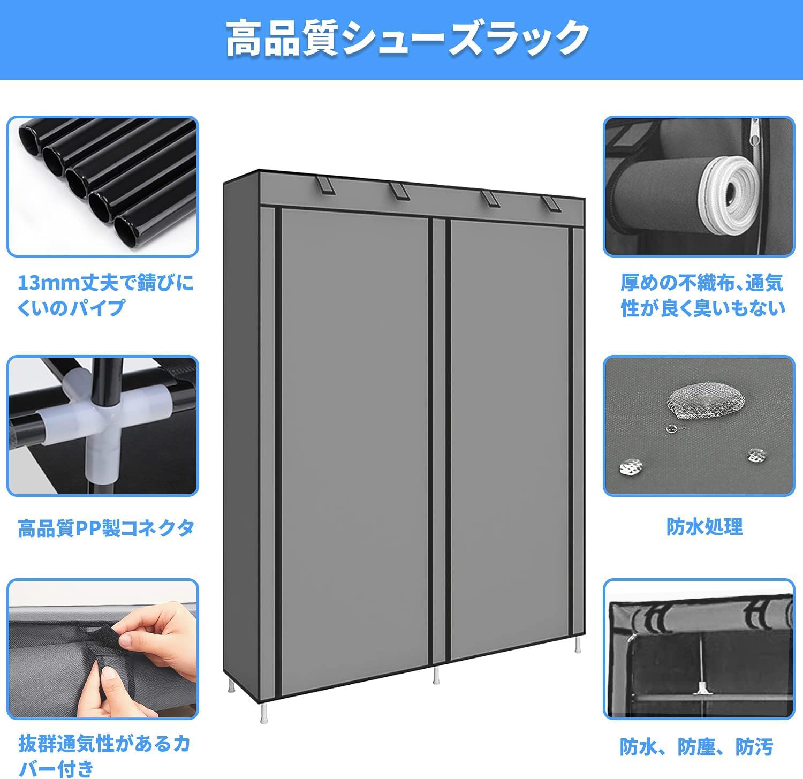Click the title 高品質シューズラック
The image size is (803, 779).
[407, 40]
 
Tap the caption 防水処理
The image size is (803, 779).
[704, 527]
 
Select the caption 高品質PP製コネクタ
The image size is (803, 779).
[105, 528]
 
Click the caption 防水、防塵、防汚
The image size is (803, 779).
[696, 747]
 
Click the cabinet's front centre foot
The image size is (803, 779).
[436, 675]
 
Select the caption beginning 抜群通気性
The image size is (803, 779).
[104, 755]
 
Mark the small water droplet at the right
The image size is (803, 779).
[755, 456]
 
